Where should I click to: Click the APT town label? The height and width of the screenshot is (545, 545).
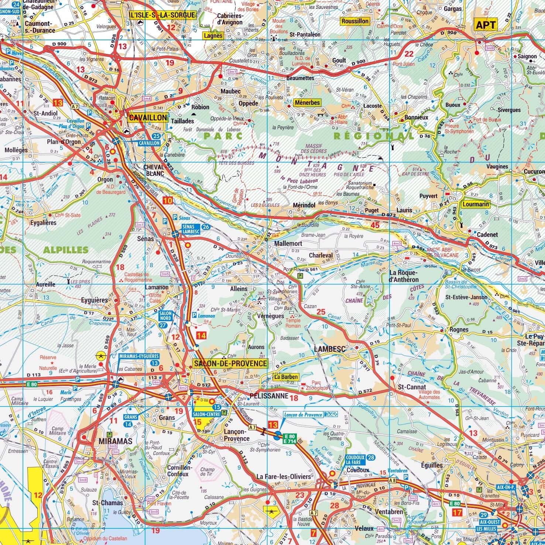click(x=486, y=25)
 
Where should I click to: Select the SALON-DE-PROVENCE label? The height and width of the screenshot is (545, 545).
click(x=230, y=363)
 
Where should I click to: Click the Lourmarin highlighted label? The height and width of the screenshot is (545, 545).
click(x=475, y=204)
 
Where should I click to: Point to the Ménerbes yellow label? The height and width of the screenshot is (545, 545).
click(x=307, y=102)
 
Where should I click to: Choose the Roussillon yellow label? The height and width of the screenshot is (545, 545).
click(x=355, y=21)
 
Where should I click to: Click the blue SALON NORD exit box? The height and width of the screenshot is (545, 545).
click(x=165, y=315)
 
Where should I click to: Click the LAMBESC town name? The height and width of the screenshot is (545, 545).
click(x=329, y=349)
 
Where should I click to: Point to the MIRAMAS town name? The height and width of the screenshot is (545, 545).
click(x=115, y=441)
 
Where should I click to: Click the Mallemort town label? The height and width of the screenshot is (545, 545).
click(x=288, y=244)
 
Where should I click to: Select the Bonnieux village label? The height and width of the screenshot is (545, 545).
click(x=417, y=117)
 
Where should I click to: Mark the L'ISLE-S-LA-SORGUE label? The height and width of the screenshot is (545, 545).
click(x=162, y=15)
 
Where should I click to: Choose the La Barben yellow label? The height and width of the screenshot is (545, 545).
click(x=286, y=377)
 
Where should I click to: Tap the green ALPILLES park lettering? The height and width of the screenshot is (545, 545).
click(x=66, y=250)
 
